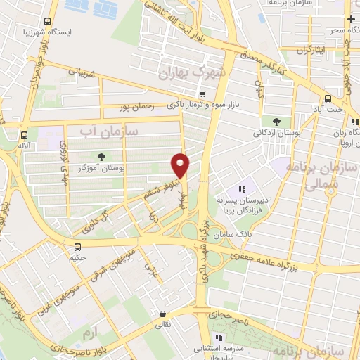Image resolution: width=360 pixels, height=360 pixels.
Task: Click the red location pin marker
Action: [x=181, y=165]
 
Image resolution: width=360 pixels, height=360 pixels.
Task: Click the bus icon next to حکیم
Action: [x=78, y=247]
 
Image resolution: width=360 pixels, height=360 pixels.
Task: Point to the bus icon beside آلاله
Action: [x=25, y=134]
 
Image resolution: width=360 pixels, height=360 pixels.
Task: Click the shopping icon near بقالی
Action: [x=163, y=314]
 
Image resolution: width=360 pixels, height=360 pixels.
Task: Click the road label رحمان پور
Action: [x=134, y=107]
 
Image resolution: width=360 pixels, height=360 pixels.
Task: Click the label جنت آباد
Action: [x=331, y=110]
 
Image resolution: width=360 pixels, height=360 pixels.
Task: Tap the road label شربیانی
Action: [x=79, y=72]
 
